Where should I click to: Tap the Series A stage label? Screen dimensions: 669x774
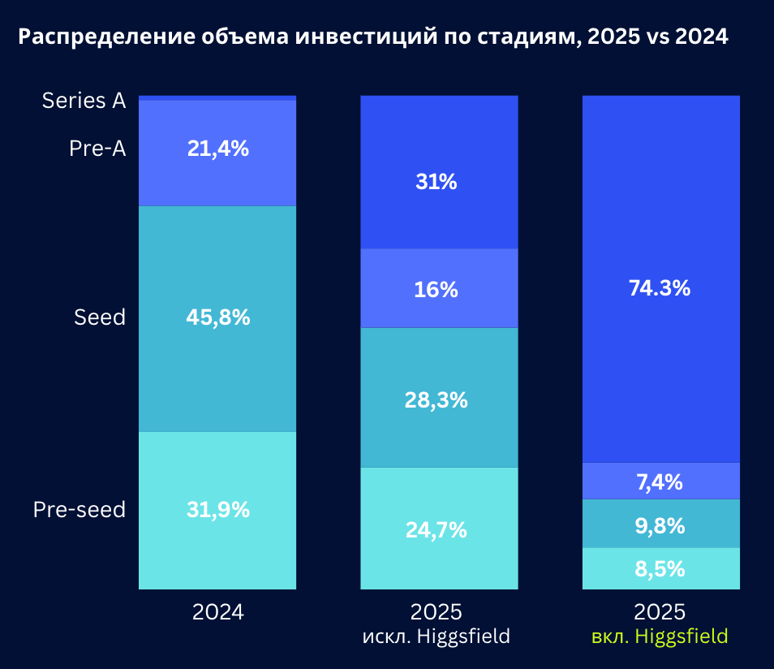(84, 101)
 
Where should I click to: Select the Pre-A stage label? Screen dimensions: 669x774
(97, 149)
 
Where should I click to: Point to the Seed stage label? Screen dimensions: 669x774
(100, 317)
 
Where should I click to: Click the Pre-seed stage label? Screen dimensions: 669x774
(80, 510)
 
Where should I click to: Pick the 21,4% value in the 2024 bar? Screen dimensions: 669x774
(217, 149)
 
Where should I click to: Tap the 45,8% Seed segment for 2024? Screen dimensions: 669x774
(217, 317)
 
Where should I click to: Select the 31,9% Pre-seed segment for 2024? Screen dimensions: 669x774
(217, 510)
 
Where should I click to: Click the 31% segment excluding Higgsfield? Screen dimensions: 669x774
(438, 182)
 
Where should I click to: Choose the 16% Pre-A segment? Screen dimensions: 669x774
(438, 289)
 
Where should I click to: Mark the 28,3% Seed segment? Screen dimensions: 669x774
(438, 399)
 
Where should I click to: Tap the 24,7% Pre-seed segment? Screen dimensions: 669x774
(438, 530)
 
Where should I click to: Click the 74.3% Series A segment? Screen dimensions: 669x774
(660, 288)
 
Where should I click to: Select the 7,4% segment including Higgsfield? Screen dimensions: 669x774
(660, 482)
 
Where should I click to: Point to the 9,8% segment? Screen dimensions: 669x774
(660, 525)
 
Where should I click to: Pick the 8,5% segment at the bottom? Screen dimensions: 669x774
(660, 569)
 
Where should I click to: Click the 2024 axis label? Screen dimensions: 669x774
(217, 612)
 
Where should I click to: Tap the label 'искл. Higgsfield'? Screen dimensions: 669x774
(436, 636)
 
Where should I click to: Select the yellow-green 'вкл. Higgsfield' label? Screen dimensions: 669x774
(660, 636)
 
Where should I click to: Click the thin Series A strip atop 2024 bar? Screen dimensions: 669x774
(217, 97)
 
